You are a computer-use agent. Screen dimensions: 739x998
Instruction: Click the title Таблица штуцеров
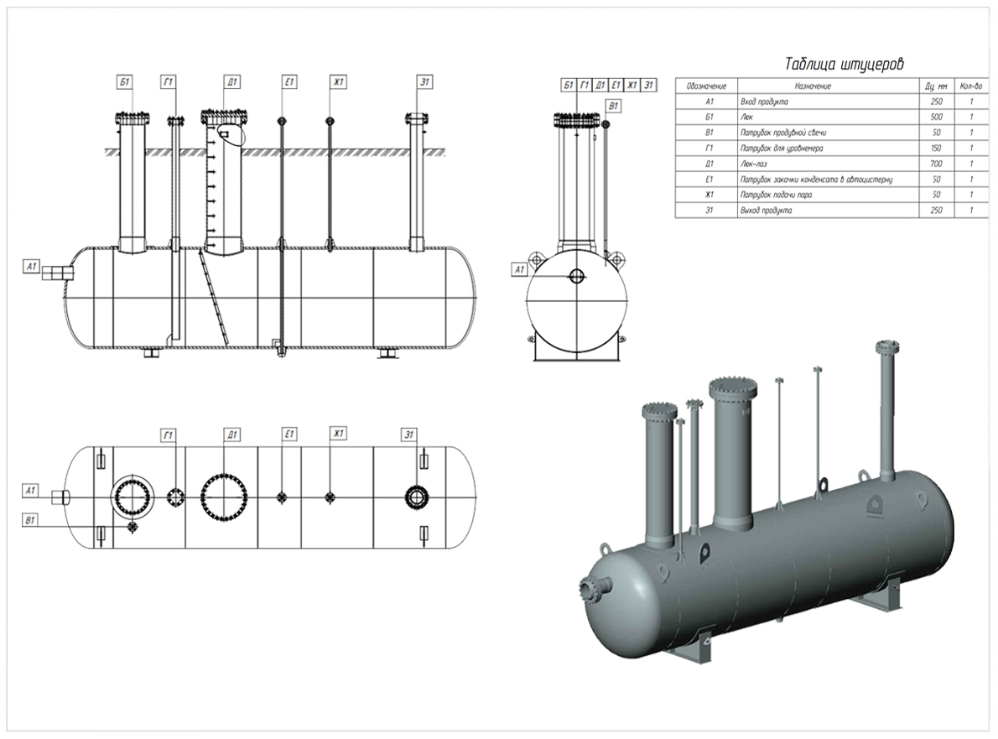pyautogui.click(x=844, y=65)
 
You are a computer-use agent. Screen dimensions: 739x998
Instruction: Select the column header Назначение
pyautogui.click(x=813, y=86)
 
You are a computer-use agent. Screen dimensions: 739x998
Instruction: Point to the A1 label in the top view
pyautogui.click(x=32, y=490)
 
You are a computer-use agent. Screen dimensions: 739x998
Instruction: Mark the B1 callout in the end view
pyautogui.click(x=613, y=107)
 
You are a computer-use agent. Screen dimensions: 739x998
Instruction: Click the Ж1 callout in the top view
pyautogui.click(x=338, y=434)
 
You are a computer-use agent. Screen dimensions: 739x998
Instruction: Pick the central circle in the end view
pyautogui.click(x=577, y=276)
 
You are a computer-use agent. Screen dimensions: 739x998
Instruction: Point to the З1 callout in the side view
pyautogui.click(x=425, y=81)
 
